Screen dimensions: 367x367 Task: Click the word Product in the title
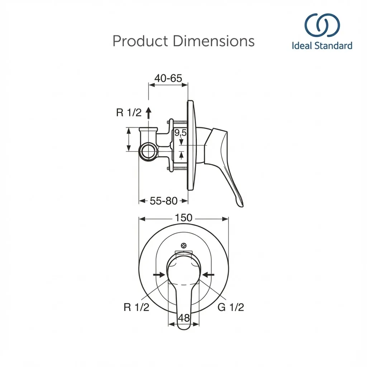point(140,41)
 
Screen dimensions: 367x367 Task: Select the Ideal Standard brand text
point(322,46)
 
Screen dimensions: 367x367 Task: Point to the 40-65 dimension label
point(168,78)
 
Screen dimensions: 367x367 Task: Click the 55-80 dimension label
point(163,201)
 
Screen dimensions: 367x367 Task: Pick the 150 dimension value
point(183,218)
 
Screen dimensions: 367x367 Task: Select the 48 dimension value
point(183,318)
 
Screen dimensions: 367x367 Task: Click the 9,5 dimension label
point(181,133)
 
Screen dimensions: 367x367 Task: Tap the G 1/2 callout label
point(231,307)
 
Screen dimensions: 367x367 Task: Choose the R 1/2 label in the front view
point(136,307)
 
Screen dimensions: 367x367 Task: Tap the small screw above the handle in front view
point(184,246)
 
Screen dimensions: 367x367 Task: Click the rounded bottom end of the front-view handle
point(183,327)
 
